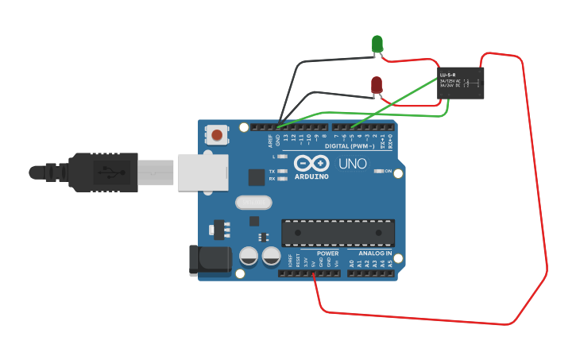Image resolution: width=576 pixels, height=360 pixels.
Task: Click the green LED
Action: pyautogui.click(x=377, y=45)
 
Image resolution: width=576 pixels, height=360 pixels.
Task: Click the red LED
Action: pyautogui.click(x=377, y=84)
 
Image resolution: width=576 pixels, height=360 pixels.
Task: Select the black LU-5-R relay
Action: pyautogui.click(x=461, y=83)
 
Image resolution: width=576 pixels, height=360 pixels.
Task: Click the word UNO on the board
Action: pyautogui.click(x=353, y=165)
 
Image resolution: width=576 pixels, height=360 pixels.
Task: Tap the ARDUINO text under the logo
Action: pyautogui.click(x=311, y=176)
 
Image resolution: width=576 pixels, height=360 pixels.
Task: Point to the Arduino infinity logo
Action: pyautogui.click(x=311, y=163)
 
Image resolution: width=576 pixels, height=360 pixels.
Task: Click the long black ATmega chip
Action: pyautogui.click(x=338, y=232)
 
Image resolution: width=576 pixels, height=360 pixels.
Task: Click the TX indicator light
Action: pyautogui.click(x=282, y=171)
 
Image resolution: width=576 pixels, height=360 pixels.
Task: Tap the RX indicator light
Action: pyautogui.click(x=282, y=179)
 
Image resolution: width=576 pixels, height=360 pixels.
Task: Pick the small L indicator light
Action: pyautogui.click(x=282, y=157)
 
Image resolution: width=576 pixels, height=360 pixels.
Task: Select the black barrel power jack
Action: pyautogui.click(x=204, y=261)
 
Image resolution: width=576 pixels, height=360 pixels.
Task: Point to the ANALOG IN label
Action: pyautogui.click(x=373, y=254)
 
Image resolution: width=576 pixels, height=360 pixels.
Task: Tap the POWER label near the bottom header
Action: pyautogui.click(x=327, y=254)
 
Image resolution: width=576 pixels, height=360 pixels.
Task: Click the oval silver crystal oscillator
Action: pyautogui.click(x=253, y=203)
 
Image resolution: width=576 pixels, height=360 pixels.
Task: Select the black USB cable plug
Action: pyautogui.click(x=103, y=172)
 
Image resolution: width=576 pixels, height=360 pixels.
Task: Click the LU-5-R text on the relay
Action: pyautogui.click(x=448, y=75)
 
